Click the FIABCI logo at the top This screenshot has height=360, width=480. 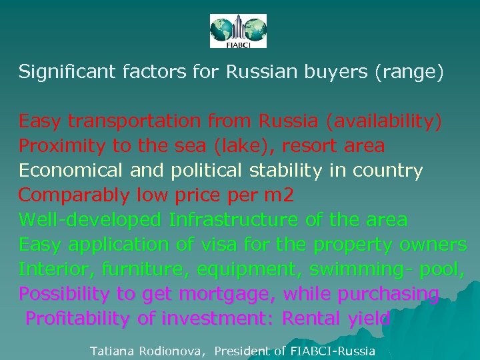238,31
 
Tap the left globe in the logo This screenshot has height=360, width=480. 223,29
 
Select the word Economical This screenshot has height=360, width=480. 71,171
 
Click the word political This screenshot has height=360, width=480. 207,171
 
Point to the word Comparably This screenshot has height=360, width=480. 73,195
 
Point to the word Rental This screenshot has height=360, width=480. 312,319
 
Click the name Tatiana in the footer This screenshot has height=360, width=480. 112,351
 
